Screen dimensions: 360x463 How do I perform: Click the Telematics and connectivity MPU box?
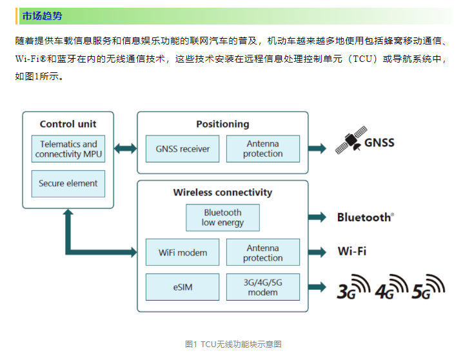(68, 149)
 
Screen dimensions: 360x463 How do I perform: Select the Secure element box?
(68, 184)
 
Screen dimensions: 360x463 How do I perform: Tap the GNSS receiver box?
(182, 149)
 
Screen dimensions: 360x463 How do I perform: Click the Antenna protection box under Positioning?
(262, 149)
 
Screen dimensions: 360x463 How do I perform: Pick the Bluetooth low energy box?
(222, 218)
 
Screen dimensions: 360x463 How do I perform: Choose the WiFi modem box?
(182, 252)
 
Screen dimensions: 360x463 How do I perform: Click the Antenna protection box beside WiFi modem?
(262, 252)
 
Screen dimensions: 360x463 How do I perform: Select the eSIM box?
(182, 287)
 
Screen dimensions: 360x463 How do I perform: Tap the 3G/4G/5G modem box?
(262, 287)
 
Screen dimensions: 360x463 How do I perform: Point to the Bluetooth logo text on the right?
(365, 217)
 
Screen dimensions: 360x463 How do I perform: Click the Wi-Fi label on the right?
(352, 251)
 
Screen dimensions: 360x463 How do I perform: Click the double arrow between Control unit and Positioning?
(126, 148)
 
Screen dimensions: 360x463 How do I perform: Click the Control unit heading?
(68, 124)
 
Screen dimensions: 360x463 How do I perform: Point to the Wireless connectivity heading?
(222, 192)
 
